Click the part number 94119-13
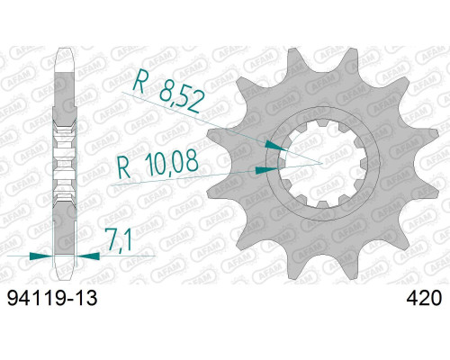(52, 299)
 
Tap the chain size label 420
(424, 299)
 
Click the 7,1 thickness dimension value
(119, 239)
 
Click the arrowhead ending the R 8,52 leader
(276, 146)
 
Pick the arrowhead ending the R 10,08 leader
(266, 170)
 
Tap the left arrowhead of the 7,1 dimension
(41, 256)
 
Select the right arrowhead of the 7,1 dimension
(88, 256)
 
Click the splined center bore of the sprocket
(323, 164)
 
